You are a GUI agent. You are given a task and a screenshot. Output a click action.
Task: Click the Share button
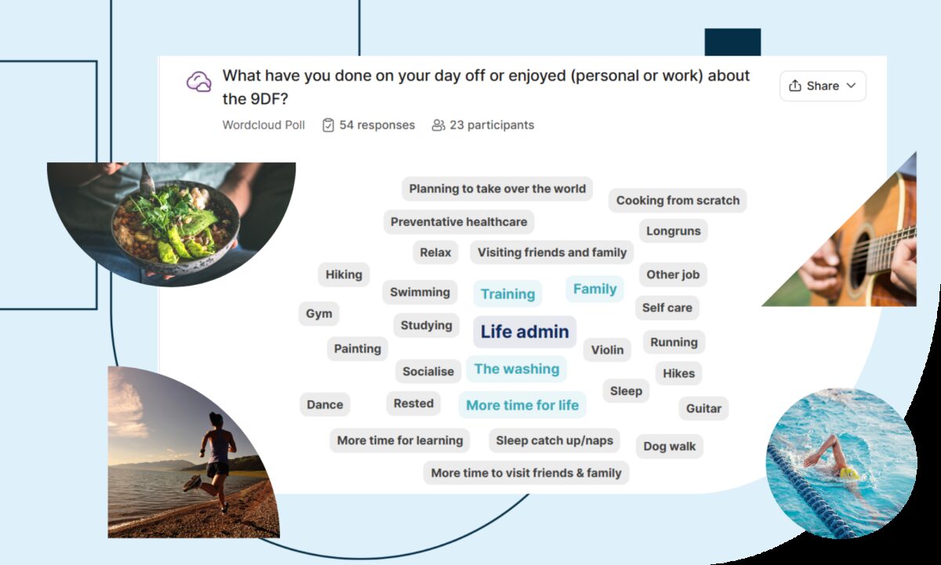(823, 86)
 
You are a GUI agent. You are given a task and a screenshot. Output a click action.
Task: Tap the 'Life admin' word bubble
(525, 332)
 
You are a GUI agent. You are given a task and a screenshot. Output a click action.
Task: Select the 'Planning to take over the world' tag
(497, 189)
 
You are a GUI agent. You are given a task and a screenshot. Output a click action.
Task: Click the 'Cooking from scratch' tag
(678, 201)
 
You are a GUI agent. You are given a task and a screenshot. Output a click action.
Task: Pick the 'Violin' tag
(607, 350)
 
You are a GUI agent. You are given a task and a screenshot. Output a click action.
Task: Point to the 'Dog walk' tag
(669, 446)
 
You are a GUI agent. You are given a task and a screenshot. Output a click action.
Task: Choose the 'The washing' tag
(517, 369)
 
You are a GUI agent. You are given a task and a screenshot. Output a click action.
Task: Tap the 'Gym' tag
(319, 314)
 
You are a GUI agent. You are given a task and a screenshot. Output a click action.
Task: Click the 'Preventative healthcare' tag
(459, 222)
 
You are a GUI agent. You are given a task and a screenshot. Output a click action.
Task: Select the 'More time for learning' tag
(400, 440)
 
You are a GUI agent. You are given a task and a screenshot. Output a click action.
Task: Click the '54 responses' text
(377, 125)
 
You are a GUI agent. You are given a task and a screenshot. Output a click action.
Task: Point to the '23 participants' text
(492, 125)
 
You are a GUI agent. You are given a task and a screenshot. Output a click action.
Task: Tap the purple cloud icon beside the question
(199, 82)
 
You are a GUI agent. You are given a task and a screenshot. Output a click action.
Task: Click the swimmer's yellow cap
(848, 473)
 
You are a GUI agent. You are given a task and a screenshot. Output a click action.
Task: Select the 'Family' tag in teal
(595, 289)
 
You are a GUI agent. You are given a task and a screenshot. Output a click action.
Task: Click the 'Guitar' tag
(703, 408)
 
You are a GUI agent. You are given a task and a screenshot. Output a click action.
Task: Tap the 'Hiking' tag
(343, 275)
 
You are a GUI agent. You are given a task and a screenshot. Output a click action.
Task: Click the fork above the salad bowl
(147, 180)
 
